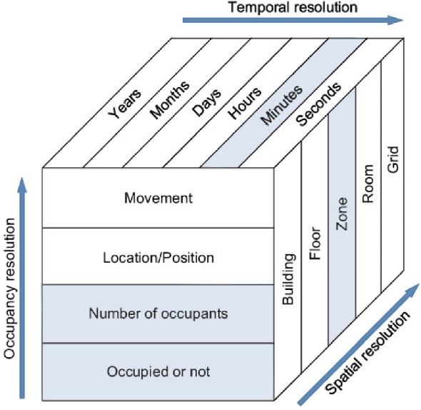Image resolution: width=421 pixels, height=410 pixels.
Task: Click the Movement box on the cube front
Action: click(158, 198)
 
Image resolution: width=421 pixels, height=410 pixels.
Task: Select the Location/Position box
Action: click(158, 256)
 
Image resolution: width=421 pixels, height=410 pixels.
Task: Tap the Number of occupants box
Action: click(158, 314)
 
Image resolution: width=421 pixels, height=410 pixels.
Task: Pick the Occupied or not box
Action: click(158, 371)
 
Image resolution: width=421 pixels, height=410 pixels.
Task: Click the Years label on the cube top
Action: click(125, 103)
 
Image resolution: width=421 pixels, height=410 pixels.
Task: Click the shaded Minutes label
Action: click(281, 106)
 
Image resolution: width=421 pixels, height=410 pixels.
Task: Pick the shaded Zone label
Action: click(342, 214)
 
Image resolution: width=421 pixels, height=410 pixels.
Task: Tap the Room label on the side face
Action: click(368, 184)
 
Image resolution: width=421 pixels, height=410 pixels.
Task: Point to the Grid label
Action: click(393, 159)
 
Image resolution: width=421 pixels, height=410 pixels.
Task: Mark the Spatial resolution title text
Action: click(367, 353)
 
